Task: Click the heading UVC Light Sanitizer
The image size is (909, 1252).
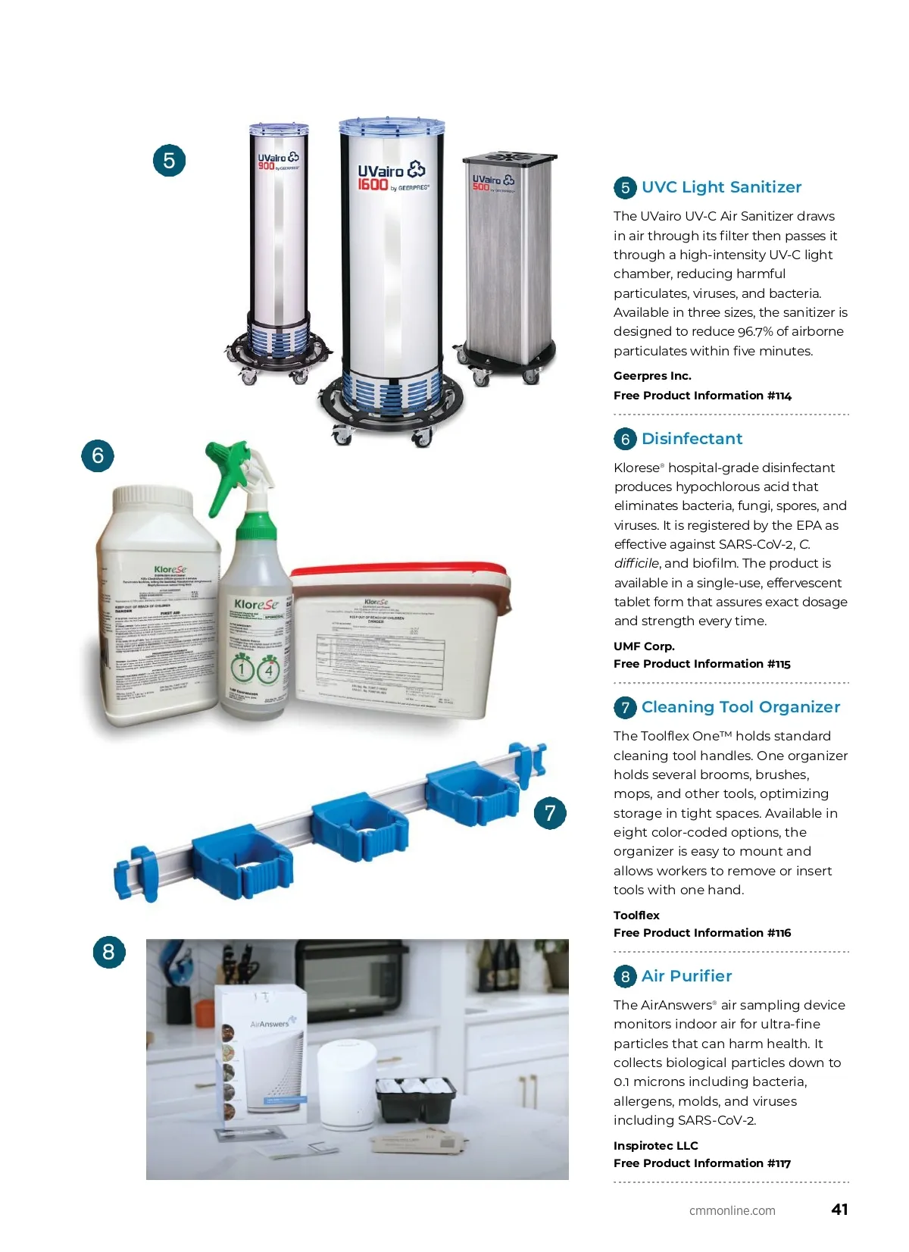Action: click(x=720, y=187)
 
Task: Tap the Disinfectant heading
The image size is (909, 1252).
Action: click(x=692, y=439)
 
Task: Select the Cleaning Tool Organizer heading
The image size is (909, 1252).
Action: click(x=740, y=707)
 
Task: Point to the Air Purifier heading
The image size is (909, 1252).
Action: click(x=686, y=976)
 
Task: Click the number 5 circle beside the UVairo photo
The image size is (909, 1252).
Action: click(x=169, y=161)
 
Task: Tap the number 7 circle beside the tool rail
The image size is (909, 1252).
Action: click(x=550, y=814)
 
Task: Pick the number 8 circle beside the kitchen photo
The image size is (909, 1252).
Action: click(x=108, y=952)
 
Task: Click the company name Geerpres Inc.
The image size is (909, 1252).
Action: click(x=652, y=376)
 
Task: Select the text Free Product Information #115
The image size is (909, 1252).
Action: click(x=702, y=664)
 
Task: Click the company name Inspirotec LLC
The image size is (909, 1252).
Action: click(x=656, y=1146)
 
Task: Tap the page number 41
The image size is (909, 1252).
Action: click(x=839, y=1210)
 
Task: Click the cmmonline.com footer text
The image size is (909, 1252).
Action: click(x=732, y=1211)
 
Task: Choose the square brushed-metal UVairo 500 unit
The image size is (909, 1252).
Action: click(x=509, y=258)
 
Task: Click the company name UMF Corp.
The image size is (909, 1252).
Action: click(x=644, y=646)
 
